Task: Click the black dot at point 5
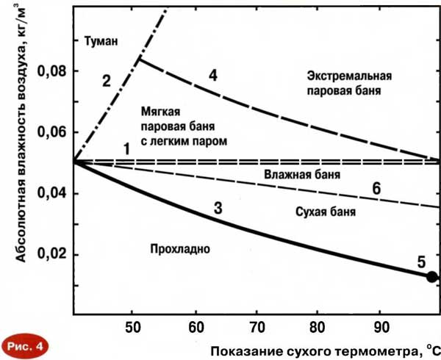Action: click(x=432, y=276)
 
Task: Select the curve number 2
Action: click(x=106, y=80)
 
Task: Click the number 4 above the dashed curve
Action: click(x=212, y=75)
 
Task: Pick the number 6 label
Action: click(x=376, y=188)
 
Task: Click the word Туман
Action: click(x=101, y=41)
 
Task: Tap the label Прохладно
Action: click(x=179, y=248)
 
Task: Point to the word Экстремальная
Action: click(x=349, y=76)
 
